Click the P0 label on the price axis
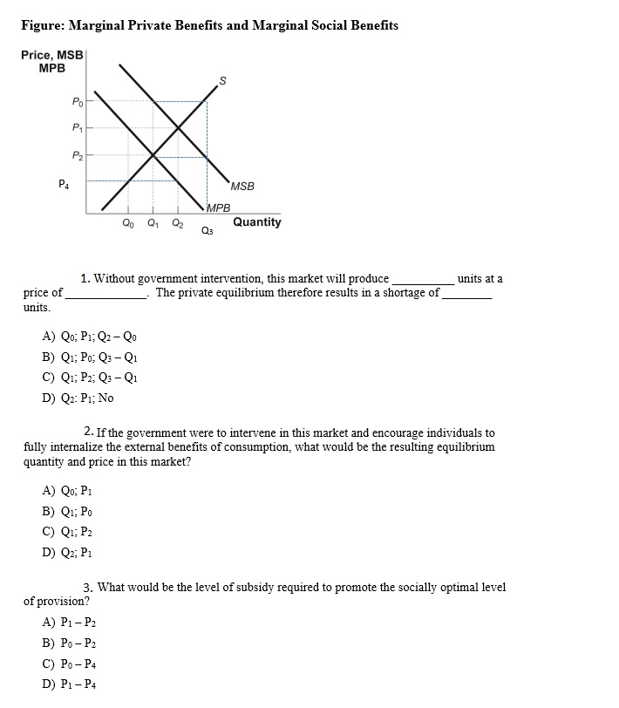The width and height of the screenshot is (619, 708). tap(78, 102)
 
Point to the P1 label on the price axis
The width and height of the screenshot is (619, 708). tap(78, 128)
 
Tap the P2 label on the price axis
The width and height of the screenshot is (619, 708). tap(78, 156)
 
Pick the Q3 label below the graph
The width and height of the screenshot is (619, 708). tap(206, 231)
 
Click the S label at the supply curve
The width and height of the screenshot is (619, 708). tap(222, 82)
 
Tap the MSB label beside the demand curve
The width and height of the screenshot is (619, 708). tap(243, 187)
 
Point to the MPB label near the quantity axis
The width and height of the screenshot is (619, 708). tap(219, 208)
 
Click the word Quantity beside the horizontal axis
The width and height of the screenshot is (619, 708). tap(256, 222)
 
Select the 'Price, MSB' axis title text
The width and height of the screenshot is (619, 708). tap(51, 55)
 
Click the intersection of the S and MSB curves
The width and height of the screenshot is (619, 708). tap(179, 128)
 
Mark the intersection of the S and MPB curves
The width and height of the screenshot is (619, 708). tap(153, 155)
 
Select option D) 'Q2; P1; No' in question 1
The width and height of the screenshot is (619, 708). tap(78, 398)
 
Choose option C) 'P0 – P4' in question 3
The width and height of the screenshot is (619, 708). tap(69, 664)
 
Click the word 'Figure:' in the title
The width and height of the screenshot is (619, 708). tap(43, 25)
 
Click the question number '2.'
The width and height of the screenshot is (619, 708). tap(89, 432)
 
